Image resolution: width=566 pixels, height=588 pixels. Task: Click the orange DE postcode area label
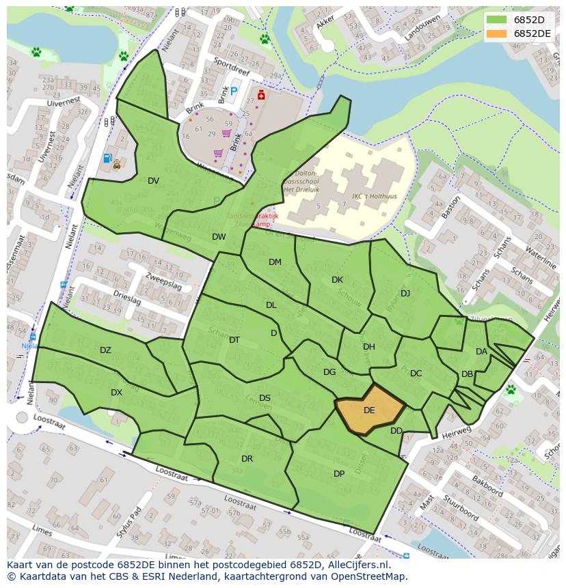369,410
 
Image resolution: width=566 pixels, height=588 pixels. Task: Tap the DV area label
153,181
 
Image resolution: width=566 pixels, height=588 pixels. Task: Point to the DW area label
219,237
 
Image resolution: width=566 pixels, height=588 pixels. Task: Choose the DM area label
275,262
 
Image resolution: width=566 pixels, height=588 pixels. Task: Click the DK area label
337,280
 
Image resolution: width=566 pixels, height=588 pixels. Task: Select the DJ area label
405,294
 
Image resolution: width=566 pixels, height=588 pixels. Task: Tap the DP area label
339,474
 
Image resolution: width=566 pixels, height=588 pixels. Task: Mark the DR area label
247,459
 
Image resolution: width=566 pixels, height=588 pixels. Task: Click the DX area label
116,393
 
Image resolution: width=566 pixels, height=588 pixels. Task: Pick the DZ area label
105,350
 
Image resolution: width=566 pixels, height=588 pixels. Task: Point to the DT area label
234,340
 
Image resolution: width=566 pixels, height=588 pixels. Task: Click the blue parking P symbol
234,92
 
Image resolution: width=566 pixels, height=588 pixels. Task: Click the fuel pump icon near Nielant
107,158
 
